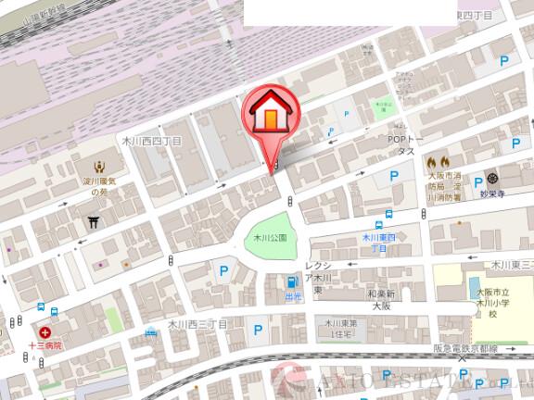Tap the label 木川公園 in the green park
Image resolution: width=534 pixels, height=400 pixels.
pyautogui.click(x=271, y=238)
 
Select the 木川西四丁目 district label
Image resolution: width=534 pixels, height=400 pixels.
pyautogui.click(x=152, y=142)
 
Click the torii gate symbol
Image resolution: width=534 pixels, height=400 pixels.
pyautogui.click(x=94, y=222)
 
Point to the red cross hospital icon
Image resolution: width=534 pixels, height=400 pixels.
pyautogui.click(x=44, y=331)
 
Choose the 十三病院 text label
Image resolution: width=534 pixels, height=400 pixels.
pyautogui.click(x=44, y=344)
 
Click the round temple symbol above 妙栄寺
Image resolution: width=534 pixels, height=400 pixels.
pyautogui.click(x=492, y=177)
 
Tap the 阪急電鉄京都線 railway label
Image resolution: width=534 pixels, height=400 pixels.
pyautogui.click(x=465, y=349)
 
